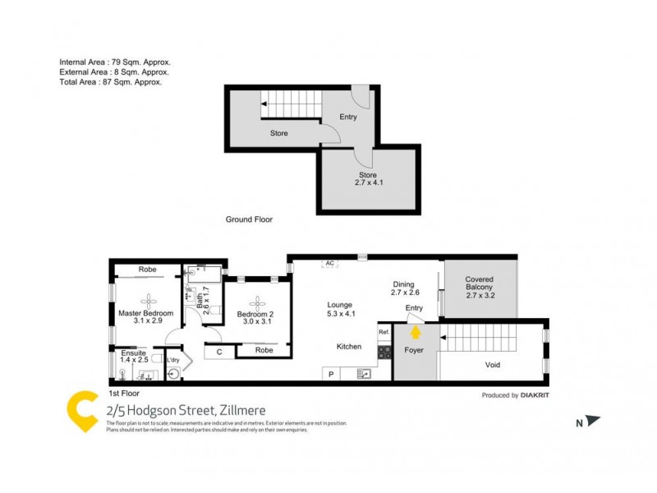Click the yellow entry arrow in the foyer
[x=415, y=332]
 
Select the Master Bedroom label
[x=145, y=318]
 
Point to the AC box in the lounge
[x=330, y=264]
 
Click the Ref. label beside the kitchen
[x=384, y=331]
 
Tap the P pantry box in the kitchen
[x=331, y=374]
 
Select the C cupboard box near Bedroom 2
[x=218, y=352]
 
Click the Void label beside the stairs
[x=493, y=365]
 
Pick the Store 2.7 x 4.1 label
[x=365, y=179]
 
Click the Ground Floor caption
[x=249, y=219]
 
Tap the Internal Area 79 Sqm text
[x=115, y=62]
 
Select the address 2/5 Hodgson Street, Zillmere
[x=185, y=410]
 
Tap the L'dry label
[x=172, y=360]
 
